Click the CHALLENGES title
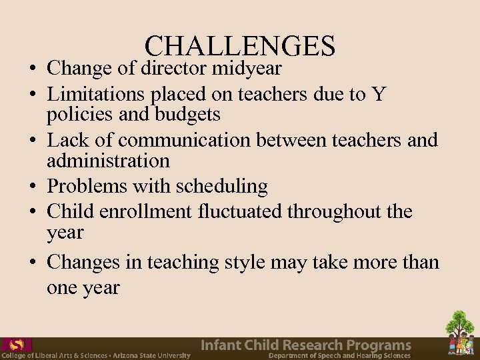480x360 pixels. pos(239,46)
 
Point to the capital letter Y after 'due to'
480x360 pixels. pos(379,95)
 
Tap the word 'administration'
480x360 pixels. pos(108,161)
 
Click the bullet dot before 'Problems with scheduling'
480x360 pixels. pos(32,187)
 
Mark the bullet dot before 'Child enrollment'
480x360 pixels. pos(32,213)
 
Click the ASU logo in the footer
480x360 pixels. pos(16,345)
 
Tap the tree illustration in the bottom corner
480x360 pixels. pos(460,331)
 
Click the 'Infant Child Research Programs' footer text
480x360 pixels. pos(306,345)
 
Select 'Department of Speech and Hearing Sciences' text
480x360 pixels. pos(339,356)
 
